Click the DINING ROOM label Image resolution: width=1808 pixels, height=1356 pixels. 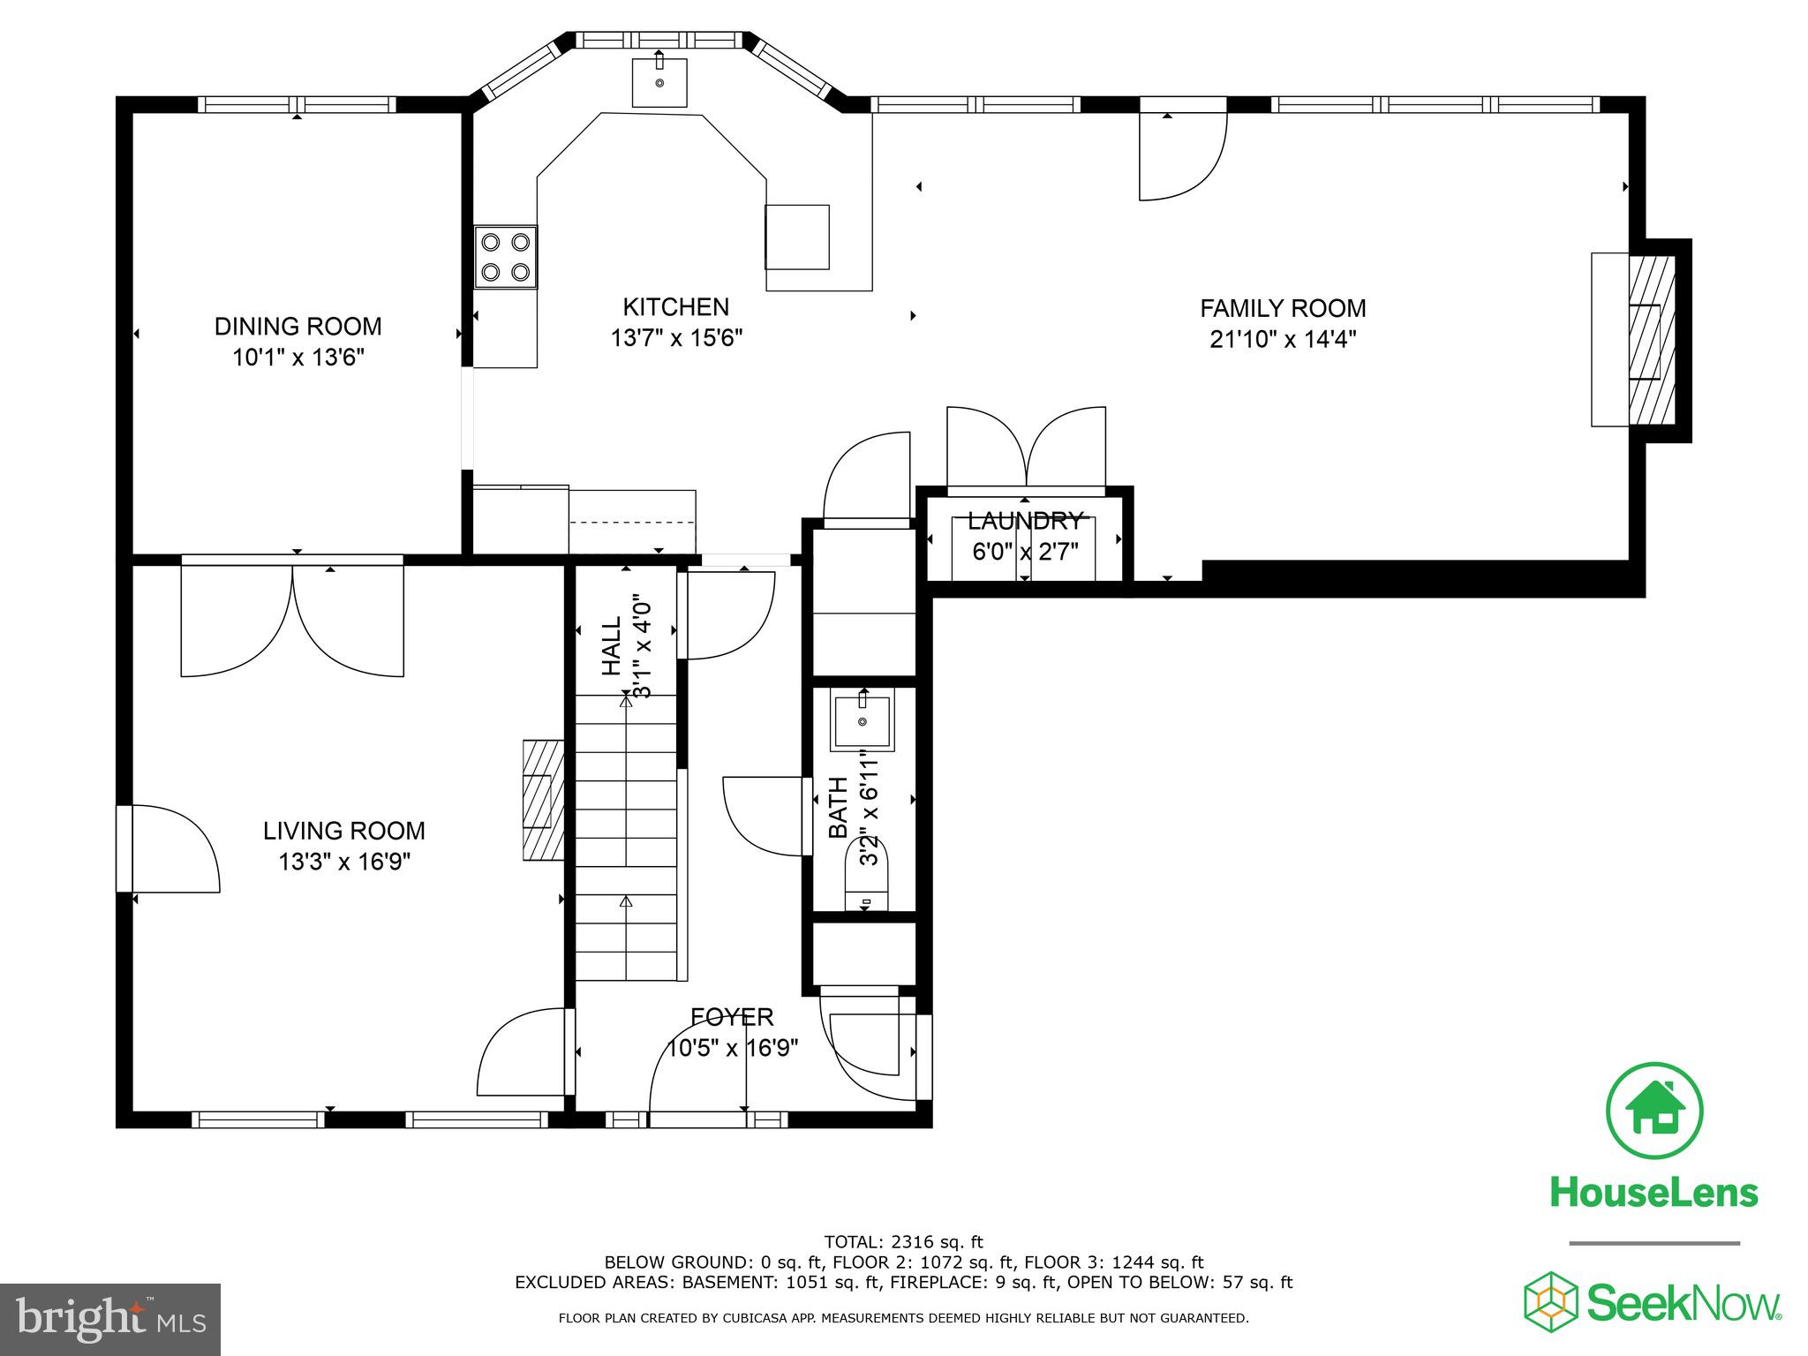tap(298, 327)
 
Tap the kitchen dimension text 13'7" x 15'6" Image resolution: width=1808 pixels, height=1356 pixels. tap(676, 338)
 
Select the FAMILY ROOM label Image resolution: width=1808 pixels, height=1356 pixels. tap(1282, 308)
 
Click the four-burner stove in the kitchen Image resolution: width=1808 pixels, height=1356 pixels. tap(506, 256)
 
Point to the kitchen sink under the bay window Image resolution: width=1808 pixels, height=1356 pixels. tap(659, 82)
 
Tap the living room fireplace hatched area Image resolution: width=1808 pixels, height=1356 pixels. tap(543, 800)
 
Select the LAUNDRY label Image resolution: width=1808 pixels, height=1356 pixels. tap(1024, 520)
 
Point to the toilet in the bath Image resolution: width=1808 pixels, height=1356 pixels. tap(868, 874)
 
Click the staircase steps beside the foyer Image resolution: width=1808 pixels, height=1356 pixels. tap(626, 839)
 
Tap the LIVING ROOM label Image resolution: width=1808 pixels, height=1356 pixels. tap(343, 831)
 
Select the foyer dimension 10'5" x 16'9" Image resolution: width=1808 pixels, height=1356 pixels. tap(733, 1048)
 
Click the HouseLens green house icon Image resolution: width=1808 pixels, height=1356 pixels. tap(1654, 1111)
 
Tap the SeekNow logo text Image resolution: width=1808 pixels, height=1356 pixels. tap(1683, 1303)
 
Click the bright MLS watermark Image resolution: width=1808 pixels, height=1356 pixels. tap(110, 1319)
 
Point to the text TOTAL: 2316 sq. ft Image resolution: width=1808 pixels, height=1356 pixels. tap(903, 1242)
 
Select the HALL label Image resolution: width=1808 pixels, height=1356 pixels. tap(612, 646)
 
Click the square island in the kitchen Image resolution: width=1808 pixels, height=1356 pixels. tap(796, 237)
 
